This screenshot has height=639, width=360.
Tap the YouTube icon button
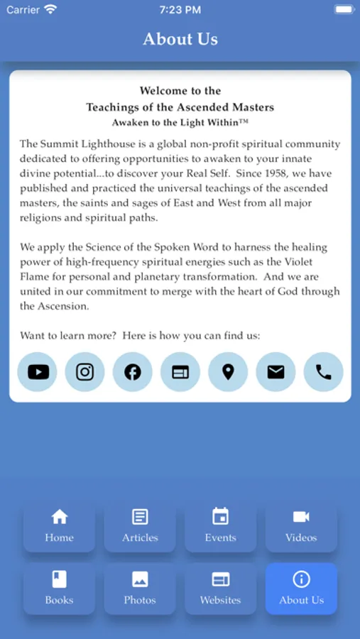[38, 372]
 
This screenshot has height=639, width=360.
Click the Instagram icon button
[85, 372]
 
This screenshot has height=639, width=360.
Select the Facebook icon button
[133, 372]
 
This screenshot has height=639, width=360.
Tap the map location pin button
[228, 372]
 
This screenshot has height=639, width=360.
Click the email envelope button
[276, 372]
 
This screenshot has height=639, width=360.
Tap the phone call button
[323, 372]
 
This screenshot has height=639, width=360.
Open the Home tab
[59, 526]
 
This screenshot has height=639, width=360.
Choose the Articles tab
[140, 526]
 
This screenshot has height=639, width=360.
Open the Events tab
[220, 526]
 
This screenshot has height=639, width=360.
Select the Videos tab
[301, 526]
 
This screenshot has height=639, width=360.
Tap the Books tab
[59, 589]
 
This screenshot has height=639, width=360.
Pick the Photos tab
[140, 589]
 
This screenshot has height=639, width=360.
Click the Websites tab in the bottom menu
[220, 589]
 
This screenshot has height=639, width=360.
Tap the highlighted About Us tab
[301, 589]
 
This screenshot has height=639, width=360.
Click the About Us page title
[180, 39]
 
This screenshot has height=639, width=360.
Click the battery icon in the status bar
[344, 10]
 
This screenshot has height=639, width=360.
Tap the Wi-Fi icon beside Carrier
[50, 10]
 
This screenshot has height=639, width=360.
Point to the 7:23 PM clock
[180, 10]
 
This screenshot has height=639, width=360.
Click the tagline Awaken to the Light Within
[180, 123]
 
